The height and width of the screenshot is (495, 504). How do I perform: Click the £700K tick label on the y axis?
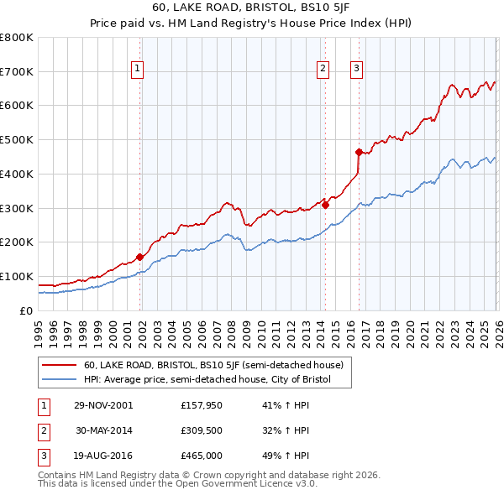tap(16, 71)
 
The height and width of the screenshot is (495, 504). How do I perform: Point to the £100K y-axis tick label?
tap(16, 276)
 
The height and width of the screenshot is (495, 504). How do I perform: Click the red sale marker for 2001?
tap(140, 257)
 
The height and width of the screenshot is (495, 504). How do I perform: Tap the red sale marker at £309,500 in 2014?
tap(325, 205)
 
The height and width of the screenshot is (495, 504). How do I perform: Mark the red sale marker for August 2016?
tap(359, 152)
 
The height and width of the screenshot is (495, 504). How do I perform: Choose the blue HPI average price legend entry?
tap(207, 380)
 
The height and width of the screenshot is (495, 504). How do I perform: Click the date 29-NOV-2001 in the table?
tap(103, 404)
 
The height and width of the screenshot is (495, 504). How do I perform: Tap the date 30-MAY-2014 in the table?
tap(103, 431)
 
